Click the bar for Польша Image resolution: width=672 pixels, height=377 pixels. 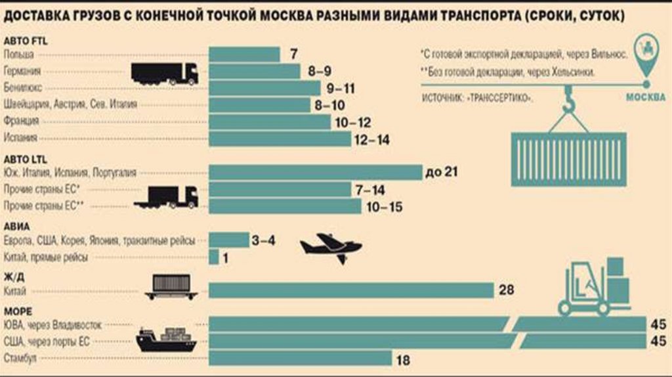pos(244,55)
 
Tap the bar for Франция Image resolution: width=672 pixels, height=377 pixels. pos(270,122)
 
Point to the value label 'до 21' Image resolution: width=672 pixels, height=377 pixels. pos(441,173)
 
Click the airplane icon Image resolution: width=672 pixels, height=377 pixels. pos(331,248)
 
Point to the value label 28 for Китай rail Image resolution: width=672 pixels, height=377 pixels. pos(506,290)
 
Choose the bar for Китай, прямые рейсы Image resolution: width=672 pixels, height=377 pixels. pos(213,257)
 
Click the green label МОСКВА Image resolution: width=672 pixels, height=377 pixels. pos(646,97)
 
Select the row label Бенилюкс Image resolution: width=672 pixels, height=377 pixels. pos(20,88)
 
